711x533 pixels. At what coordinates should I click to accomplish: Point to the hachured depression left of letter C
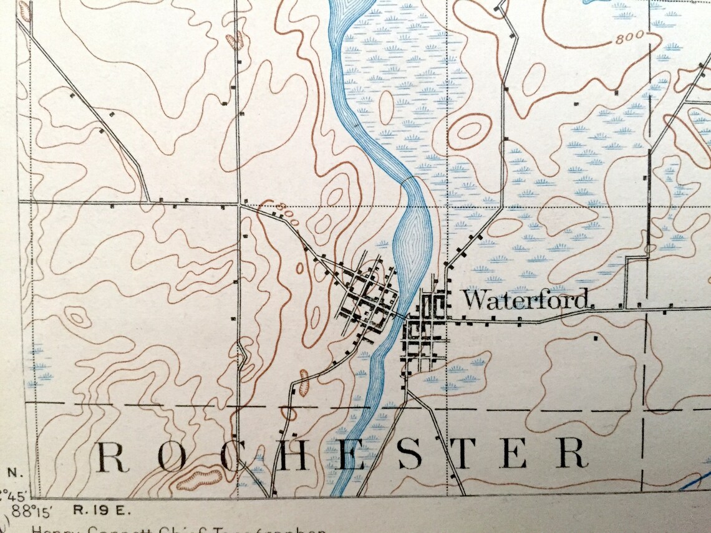tap(199, 479)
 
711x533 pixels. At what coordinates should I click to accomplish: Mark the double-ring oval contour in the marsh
tap(469, 131)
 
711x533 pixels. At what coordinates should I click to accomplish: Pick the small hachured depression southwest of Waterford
tap(304, 383)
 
